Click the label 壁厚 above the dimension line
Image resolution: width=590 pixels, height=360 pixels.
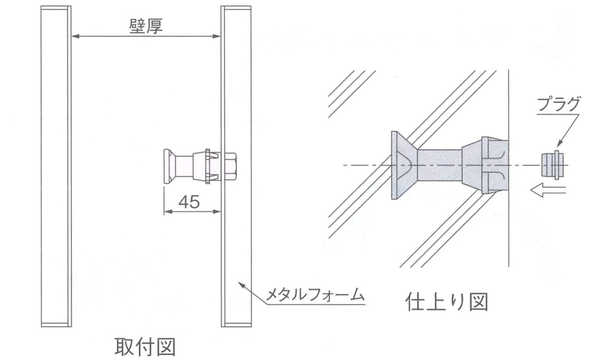[x=146, y=26]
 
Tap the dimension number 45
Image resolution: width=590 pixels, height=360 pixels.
[x=189, y=202]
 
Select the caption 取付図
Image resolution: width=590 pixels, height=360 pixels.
[x=145, y=347]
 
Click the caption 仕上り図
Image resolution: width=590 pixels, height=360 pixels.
[x=447, y=302]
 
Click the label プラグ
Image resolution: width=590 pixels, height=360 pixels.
[x=558, y=104]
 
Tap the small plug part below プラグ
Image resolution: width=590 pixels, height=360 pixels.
[x=552, y=165]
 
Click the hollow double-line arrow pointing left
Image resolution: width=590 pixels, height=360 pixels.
[x=548, y=190]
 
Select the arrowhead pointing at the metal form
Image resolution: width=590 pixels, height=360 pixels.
[x=242, y=285]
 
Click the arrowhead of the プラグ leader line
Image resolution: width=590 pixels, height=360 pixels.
[x=560, y=144]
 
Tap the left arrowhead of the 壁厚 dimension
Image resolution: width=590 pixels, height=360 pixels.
[x=76, y=36]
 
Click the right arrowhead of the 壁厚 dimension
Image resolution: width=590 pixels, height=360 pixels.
[x=216, y=36]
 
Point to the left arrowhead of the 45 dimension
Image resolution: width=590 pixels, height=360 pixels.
[x=168, y=212]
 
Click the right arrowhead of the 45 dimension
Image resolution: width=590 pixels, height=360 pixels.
[x=217, y=212]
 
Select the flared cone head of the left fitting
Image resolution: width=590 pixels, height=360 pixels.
[x=169, y=166]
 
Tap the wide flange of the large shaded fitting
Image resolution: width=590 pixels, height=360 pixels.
[x=403, y=165]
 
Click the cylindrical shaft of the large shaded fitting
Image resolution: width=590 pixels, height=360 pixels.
[x=440, y=165]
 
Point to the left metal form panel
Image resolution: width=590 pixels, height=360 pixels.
[x=56, y=166]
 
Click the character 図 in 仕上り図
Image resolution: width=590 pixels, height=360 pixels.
[x=478, y=302]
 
